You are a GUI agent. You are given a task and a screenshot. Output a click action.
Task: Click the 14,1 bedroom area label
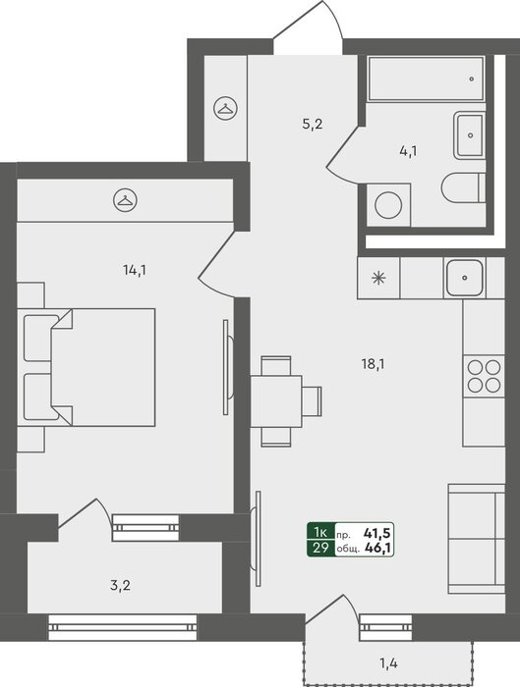click(x=135, y=270)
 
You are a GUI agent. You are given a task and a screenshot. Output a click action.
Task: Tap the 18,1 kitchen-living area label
click(x=373, y=364)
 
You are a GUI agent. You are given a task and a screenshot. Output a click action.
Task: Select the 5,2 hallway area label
click(x=313, y=124)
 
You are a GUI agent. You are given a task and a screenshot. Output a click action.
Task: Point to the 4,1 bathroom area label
click(x=408, y=151)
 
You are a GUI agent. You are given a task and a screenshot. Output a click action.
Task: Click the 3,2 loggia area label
click(x=120, y=585)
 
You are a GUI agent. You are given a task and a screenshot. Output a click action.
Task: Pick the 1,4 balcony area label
click(x=388, y=663)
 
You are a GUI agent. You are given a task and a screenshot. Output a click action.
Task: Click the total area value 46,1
click(x=377, y=548)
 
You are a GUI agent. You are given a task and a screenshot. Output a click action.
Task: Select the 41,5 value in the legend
click(x=376, y=533)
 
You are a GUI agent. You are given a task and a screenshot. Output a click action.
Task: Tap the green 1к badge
click(x=320, y=532)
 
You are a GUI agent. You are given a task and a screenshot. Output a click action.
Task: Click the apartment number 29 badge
click(x=320, y=548)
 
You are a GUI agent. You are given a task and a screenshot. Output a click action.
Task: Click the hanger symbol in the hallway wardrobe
click(x=225, y=108)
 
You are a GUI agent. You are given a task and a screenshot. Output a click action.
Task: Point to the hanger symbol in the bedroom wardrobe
click(x=125, y=200)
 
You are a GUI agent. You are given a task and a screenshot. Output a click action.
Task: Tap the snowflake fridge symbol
click(x=378, y=278)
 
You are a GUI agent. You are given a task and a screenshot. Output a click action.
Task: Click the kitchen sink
click(x=465, y=278)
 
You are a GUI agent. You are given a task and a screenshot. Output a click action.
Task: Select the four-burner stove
click(x=484, y=376)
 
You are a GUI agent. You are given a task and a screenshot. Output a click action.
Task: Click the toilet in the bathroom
click(x=463, y=188)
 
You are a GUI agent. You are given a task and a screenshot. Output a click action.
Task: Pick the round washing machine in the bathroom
click(x=388, y=205)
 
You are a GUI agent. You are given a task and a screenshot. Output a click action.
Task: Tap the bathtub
click(x=426, y=79)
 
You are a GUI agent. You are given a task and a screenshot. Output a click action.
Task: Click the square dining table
click(x=276, y=400)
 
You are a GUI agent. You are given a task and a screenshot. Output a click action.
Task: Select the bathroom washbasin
click(x=470, y=135)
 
